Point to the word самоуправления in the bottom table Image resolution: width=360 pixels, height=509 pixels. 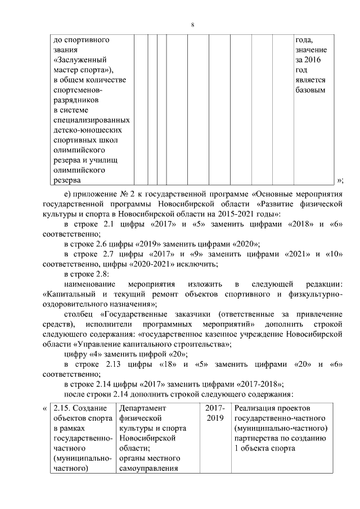(x=148, y=469)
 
